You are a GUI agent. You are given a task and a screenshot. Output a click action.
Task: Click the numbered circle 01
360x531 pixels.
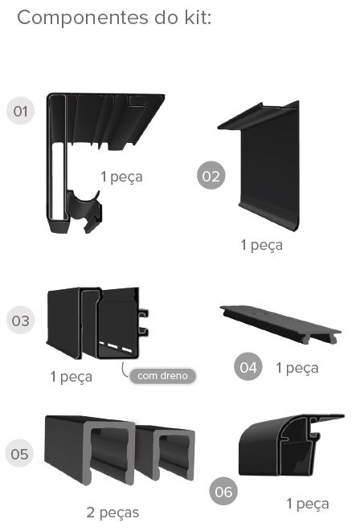coord(20,111)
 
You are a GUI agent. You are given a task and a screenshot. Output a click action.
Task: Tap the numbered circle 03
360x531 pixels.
coord(20,321)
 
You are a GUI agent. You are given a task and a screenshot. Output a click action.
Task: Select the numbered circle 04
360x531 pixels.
coord(247,368)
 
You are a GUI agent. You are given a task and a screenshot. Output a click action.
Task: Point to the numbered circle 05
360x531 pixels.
coord(20,455)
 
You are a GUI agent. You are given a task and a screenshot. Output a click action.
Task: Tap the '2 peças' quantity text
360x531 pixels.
coord(112,512)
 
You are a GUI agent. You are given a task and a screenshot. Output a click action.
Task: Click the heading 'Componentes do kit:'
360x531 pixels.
coord(114,18)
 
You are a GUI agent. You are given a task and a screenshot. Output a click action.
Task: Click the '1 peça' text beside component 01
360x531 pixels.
coord(121,177)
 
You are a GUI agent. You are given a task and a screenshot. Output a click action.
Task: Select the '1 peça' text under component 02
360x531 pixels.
coord(261,245)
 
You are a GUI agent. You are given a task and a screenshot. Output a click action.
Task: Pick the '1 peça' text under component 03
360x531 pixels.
coord(71,376)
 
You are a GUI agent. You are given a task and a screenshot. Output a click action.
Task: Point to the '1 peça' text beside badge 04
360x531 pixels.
coord(297,368)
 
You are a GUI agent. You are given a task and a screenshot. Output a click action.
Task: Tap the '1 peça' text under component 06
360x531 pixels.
coord(307,504)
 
